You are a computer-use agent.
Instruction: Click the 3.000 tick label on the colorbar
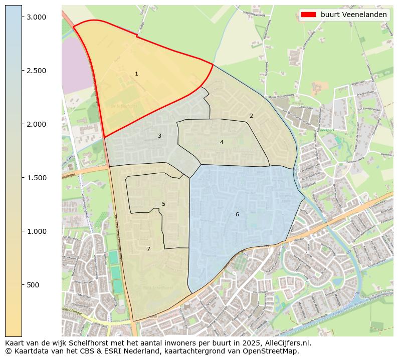pyautogui.click(x=36, y=17)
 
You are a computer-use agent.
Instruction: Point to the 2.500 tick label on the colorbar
pyautogui.click(x=36, y=71)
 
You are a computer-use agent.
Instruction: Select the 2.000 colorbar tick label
pyautogui.click(x=36, y=124)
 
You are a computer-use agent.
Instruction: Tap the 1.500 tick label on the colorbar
pyautogui.click(x=36, y=178)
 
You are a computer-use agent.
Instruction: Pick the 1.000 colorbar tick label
pyautogui.click(x=36, y=231)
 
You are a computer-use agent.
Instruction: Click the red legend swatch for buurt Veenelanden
pyautogui.click(x=308, y=15)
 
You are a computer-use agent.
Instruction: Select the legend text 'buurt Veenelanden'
pyautogui.click(x=354, y=15)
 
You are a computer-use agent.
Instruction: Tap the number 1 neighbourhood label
pyautogui.click(x=136, y=74)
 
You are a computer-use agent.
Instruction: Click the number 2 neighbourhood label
pyautogui.click(x=251, y=116)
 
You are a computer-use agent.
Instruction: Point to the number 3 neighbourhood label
pyautogui.click(x=159, y=136)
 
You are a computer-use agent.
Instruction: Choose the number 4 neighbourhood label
pyautogui.click(x=222, y=143)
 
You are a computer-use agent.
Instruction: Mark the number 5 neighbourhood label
pyautogui.click(x=163, y=204)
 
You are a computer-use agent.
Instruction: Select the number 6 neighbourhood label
pyautogui.click(x=237, y=215)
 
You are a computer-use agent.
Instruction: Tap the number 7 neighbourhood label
pyautogui.click(x=148, y=249)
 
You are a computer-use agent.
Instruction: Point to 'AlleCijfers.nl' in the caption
pyautogui.click(x=287, y=343)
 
